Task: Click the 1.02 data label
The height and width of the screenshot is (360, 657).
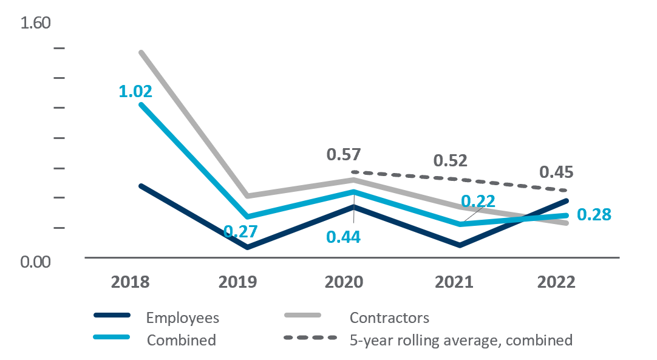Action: (x=135, y=92)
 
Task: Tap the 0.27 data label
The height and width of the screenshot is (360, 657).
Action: (x=240, y=231)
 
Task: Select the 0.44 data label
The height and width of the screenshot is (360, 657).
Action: (x=344, y=237)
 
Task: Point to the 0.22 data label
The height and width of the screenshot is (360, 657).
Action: (x=478, y=202)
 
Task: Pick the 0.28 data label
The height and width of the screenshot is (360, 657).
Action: (x=593, y=215)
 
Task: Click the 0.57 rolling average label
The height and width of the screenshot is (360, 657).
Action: (x=344, y=155)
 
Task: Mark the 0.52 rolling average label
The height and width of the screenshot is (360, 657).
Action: (x=450, y=160)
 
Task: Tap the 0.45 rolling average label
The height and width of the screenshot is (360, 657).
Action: (x=556, y=172)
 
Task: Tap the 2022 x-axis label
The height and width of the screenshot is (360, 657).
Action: (x=556, y=283)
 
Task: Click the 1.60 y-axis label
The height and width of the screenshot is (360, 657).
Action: (x=36, y=23)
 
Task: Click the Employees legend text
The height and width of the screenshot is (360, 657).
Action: (x=183, y=318)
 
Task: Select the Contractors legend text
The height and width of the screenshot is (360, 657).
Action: (x=389, y=318)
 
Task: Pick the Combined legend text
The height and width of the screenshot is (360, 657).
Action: (x=182, y=340)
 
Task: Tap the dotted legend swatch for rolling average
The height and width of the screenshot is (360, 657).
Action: (x=310, y=338)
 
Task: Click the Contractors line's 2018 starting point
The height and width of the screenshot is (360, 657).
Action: (x=141, y=52)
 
